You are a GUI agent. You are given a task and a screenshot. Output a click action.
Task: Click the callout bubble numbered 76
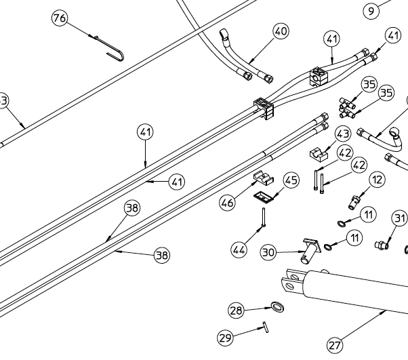(60, 18)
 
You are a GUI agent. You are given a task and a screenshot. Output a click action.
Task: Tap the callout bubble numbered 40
(281, 31)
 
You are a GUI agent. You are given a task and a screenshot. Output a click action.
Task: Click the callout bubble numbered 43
(343, 134)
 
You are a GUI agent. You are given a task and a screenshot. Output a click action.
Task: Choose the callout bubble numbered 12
(377, 180)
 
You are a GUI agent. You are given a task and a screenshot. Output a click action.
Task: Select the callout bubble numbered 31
(400, 218)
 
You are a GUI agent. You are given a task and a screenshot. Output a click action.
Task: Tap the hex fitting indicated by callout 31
(383, 242)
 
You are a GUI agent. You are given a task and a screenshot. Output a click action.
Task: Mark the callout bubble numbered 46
(227, 202)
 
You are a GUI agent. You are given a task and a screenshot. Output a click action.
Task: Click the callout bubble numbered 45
(291, 180)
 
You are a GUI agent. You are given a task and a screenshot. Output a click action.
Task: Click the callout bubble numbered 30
(269, 252)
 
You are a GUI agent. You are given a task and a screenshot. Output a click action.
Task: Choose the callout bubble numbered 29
(225, 337)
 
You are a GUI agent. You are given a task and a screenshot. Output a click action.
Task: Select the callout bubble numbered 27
(335, 345)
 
